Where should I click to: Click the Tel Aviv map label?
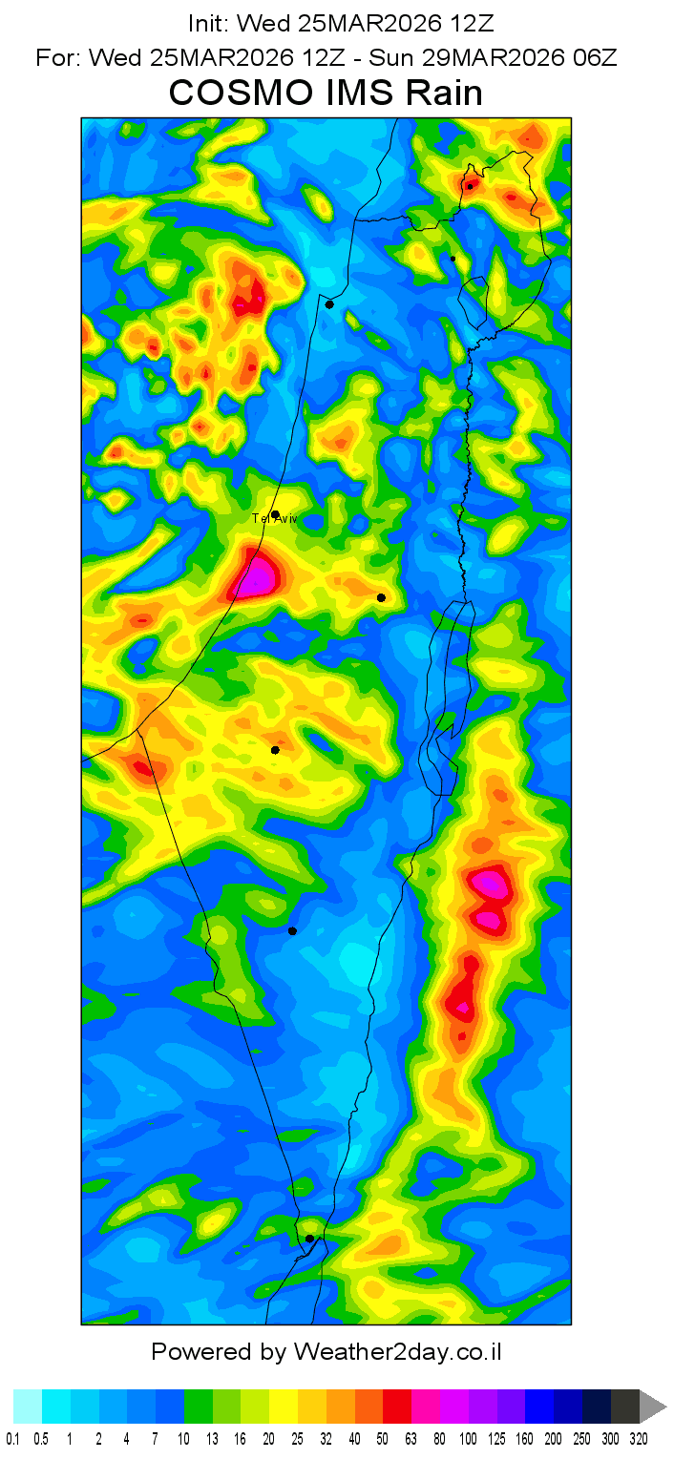[273, 518]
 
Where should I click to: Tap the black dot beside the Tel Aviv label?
[275, 514]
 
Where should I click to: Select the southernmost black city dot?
[309, 1239]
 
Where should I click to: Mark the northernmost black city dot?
[470, 186]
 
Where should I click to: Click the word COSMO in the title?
[238, 94]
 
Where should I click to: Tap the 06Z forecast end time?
[593, 57]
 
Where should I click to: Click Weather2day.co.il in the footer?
[398, 1351]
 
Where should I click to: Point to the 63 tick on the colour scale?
[411, 1437]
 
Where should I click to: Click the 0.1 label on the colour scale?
[13, 1437]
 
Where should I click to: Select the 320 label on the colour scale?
[639, 1437]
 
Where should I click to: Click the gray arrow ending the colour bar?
[653, 1407]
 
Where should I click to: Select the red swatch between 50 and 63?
[397, 1407]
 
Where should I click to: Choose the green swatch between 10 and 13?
[199, 1407]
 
